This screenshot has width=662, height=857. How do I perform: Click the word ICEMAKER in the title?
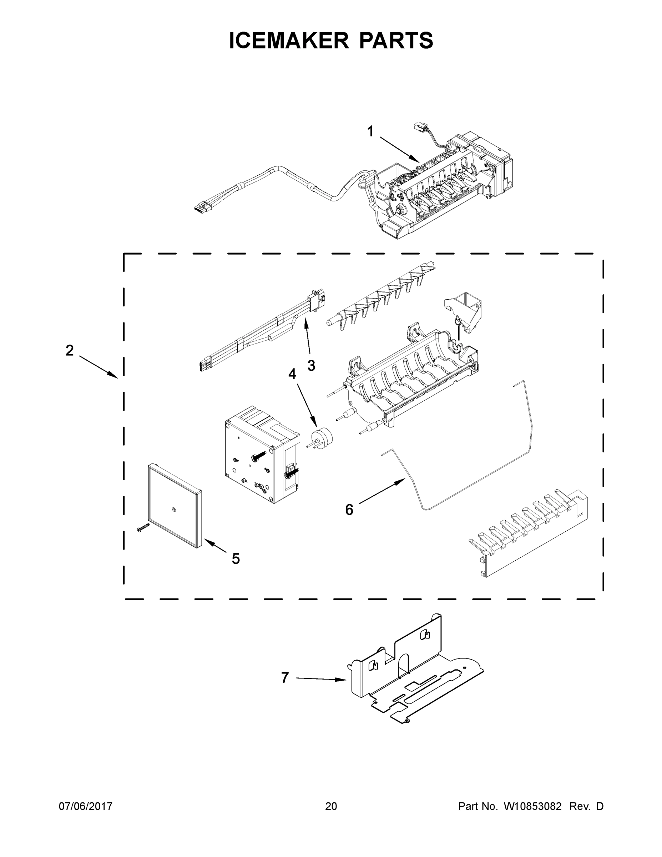(x=289, y=40)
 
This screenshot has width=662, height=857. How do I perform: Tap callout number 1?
(x=370, y=132)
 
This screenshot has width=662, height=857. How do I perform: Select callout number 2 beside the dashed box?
(x=70, y=350)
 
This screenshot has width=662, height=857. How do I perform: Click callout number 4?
(x=292, y=374)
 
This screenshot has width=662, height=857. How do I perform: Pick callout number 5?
(x=235, y=558)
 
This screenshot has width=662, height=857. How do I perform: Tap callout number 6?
(x=349, y=510)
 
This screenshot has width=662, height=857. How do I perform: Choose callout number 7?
(x=285, y=678)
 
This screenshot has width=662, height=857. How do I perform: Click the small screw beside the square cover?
(x=143, y=527)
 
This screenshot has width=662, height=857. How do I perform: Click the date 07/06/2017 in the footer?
(x=86, y=806)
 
